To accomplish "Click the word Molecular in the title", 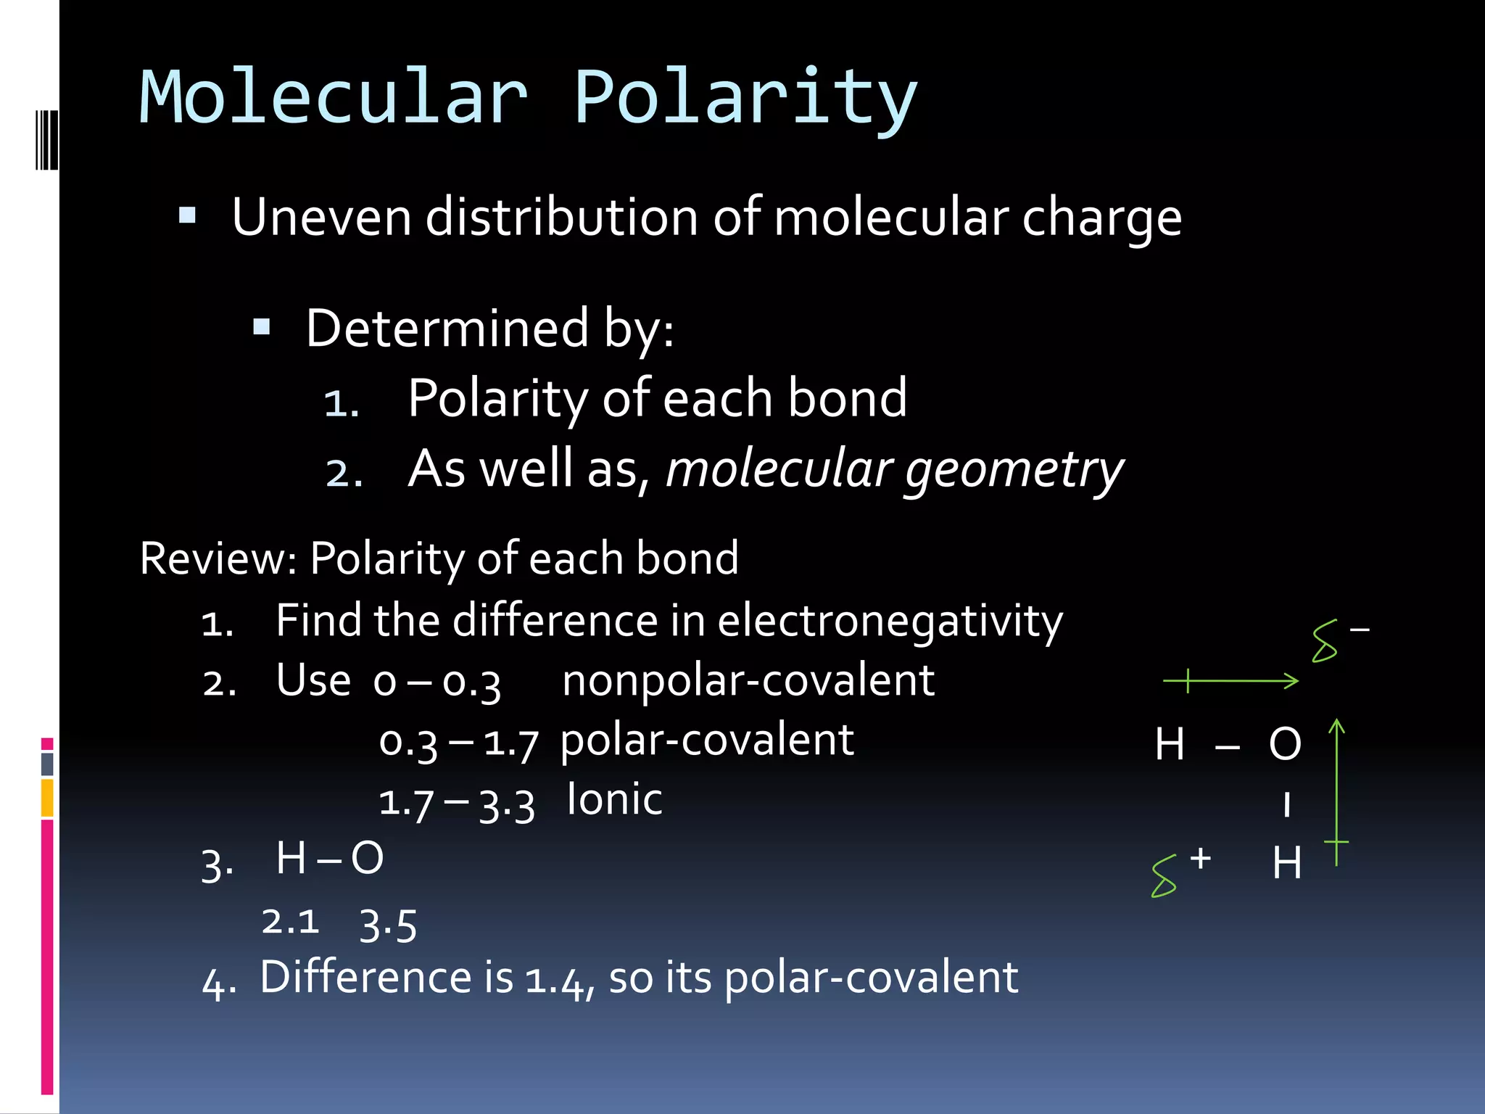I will (x=334, y=97).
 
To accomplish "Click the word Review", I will (x=217, y=558).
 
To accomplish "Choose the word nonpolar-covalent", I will (x=748, y=681).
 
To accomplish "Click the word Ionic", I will (x=614, y=800).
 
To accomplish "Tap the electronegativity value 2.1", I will (x=290, y=922).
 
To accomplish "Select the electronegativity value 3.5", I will (x=388, y=925).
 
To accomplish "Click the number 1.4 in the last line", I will (x=555, y=979).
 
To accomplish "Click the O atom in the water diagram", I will (x=1285, y=744).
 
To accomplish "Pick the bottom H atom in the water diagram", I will (x=1287, y=863).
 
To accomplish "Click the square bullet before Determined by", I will (x=262, y=328).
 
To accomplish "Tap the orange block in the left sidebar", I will (x=47, y=797).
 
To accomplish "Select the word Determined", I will (x=447, y=329).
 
